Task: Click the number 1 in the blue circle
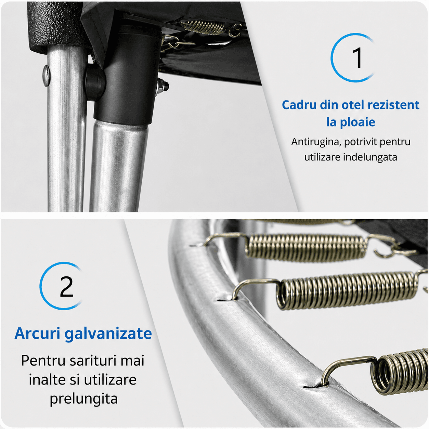[x=357, y=58]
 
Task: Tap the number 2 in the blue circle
[x=66, y=286]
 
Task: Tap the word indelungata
[x=370, y=157]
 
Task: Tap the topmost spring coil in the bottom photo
[x=306, y=247]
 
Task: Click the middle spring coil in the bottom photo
[x=347, y=291]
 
